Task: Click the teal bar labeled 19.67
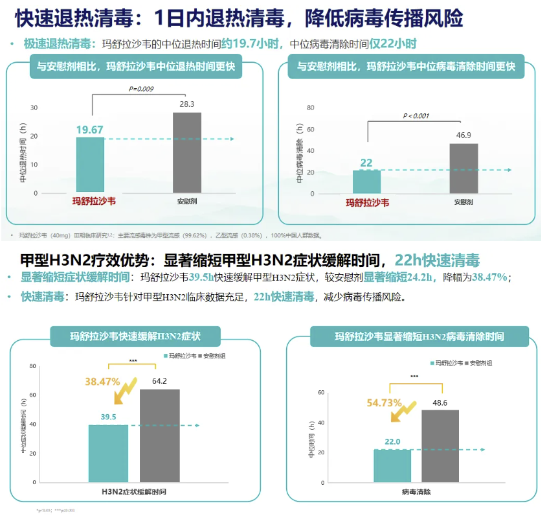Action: tap(90, 165)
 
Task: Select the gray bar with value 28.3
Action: tap(187, 152)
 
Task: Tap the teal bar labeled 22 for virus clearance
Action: tap(367, 181)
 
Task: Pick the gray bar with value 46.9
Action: tap(463, 168)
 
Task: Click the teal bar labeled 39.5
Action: tap(108, 453)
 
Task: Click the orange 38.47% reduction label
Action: tap(102, 382)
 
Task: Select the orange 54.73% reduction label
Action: tap(385, 402)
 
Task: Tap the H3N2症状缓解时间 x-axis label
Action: tap(134, 492)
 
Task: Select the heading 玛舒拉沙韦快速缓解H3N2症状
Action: tap(135, 336)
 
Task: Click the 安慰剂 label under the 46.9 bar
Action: tap(463, 202)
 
